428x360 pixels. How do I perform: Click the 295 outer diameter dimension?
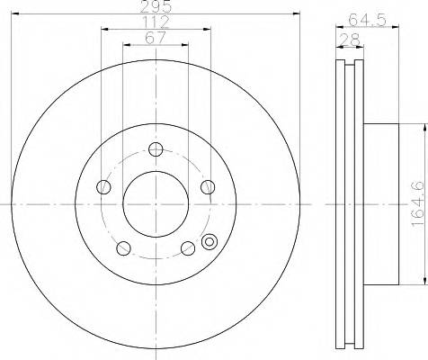(155, 7)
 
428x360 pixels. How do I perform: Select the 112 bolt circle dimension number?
(155, 22)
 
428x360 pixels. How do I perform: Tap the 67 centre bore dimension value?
(155, 39)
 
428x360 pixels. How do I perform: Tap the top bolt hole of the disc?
(155, 149)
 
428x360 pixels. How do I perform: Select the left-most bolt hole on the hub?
(103, 187)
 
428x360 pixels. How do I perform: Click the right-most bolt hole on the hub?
(207, 187)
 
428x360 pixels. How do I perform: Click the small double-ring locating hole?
(211, 241)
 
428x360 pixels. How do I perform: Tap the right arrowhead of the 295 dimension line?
(295, 13)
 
